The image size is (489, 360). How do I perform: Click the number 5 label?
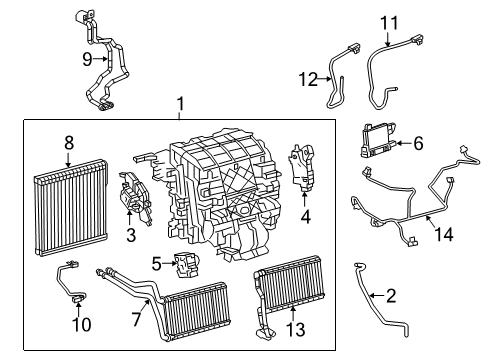(157, 264)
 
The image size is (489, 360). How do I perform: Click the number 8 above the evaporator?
(68, 143)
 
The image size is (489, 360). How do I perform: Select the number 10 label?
(78, 325)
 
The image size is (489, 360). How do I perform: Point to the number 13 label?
(293, 326)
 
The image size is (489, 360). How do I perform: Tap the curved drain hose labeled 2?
(369, 310)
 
